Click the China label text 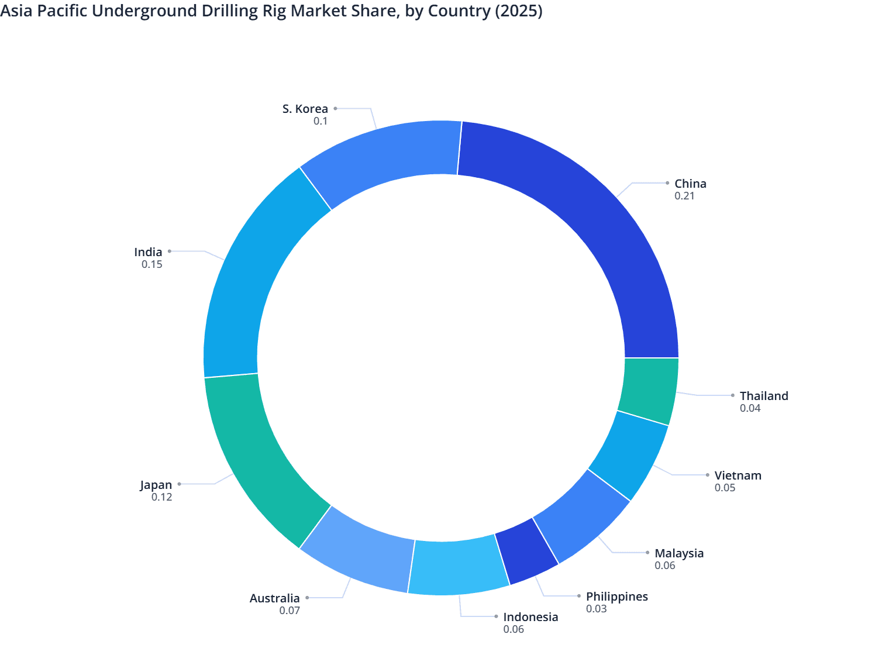point(690,184)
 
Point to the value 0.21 point(684,196)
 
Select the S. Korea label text point(305,109)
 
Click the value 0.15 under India point(151,264)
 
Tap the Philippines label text point(616,597)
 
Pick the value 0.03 point(596,609)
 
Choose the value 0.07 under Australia point(290,611)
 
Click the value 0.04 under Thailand point(750,408)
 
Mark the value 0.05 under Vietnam point(725,488)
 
